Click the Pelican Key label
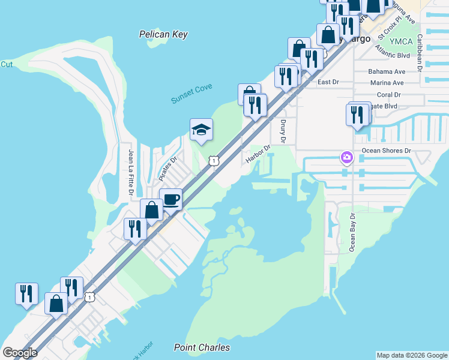(x=163, y=35)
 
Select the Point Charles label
(x=202, y=347)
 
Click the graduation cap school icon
(x=202, y=129)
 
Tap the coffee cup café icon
(x=171, y=199)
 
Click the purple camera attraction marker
(x=346, y=158)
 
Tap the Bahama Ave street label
(x=387, y=71)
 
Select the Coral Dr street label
(x=389, y=95)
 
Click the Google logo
(x=20, y=353)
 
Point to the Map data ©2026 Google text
(x=412, y=355)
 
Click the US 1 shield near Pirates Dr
(x=213, y=161)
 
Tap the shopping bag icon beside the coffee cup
(x=151, y=210)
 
